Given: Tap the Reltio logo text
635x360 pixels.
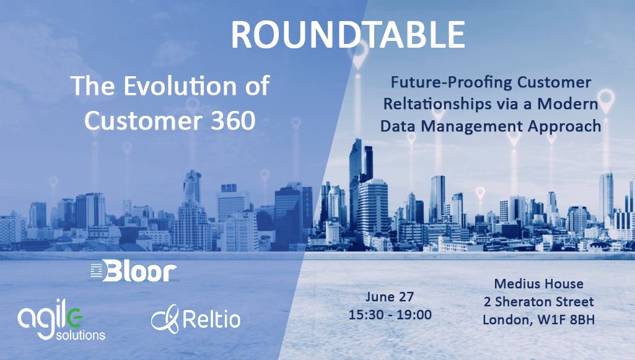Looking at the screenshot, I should (211, 320).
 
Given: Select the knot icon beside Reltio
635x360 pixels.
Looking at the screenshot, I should (164, 318).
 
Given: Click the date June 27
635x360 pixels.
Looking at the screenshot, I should (390, 296).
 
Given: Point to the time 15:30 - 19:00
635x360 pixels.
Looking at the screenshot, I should (390, 314).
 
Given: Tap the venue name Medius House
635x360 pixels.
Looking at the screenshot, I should (538, 284).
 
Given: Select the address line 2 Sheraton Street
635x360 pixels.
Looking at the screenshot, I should (538, 302).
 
